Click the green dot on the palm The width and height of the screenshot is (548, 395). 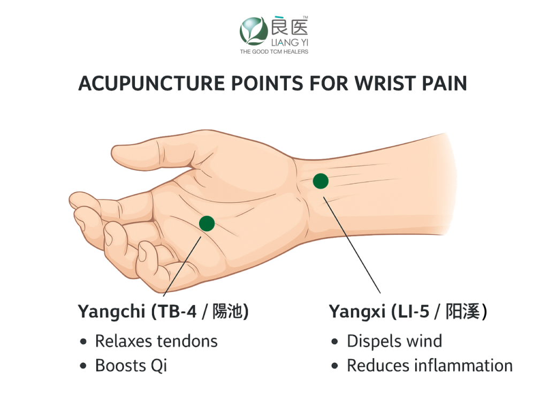coord(207,223)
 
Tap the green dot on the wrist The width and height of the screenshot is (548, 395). coord(321,181)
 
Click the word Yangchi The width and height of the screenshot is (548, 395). coord(111,312)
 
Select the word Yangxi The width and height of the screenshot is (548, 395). coord(357,312)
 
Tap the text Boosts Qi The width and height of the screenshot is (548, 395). coord(131,366)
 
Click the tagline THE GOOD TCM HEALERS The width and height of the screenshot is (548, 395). coord(274,52)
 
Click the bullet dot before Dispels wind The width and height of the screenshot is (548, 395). coord(334,341)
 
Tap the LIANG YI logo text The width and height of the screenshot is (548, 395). coord(290,43)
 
